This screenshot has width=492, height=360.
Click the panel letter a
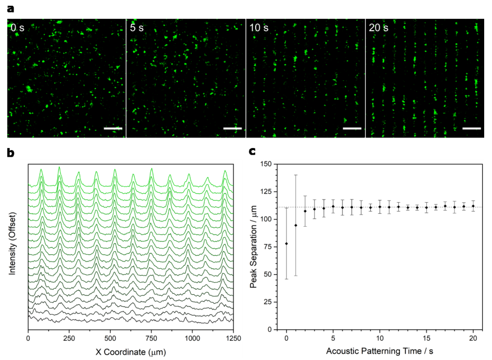[10, 9]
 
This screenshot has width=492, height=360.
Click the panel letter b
[11, 153]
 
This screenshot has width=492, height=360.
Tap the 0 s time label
[18, 28]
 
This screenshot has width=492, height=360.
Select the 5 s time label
[137, 28]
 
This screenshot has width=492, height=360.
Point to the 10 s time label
[259, 28]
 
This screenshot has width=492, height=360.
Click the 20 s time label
[379, 28]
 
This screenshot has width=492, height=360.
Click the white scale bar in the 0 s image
[113, 128]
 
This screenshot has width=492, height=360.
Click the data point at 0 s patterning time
[286, 243]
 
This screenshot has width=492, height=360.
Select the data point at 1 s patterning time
[296, 225]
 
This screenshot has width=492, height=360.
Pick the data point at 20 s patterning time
[473, 206]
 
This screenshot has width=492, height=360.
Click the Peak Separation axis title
[254, 246]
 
